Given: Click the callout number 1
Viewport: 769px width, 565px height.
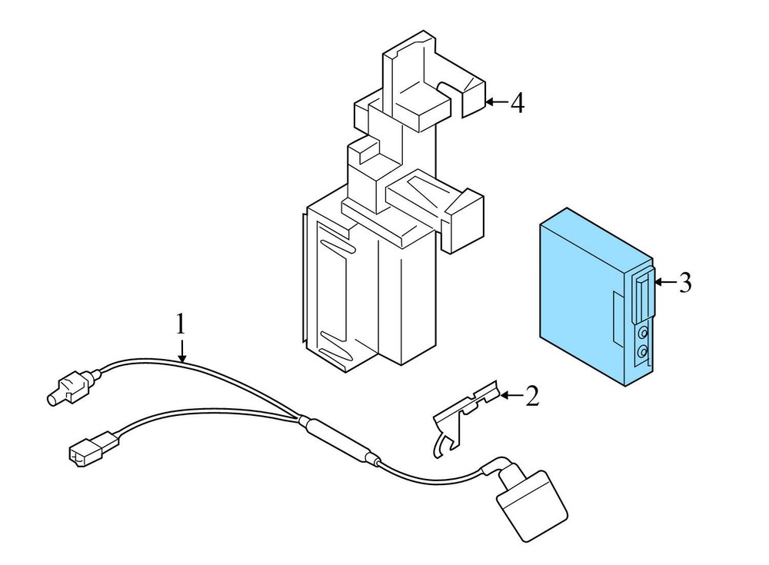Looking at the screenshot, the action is pos(181,324).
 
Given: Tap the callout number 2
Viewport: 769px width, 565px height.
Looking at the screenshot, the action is pos(532,397).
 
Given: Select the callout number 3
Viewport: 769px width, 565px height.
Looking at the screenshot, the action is pos(685,283).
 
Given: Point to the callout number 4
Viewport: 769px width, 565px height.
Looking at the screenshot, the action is pos(518,103).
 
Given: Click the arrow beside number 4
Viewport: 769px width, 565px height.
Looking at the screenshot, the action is pos(497,102).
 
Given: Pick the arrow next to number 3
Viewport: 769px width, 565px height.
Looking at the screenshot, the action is pos(665,282).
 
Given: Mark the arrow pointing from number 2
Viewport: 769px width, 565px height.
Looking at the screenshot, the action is pos(511,395).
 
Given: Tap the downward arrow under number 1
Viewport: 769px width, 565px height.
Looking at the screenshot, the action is pos(182,351).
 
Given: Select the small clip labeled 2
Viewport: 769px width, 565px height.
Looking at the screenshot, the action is pos(466,417).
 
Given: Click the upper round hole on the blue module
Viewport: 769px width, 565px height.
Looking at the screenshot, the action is pos(642,334).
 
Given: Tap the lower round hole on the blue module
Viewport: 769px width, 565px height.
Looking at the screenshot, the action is pos(641,351).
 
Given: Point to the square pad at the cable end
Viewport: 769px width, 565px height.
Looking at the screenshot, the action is pos(532,506).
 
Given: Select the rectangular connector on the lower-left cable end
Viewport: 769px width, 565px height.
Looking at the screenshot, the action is pos(93,446).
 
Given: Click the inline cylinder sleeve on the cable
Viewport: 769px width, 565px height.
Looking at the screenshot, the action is pos(340,439).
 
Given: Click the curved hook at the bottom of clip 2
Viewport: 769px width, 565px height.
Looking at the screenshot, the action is pos(441,444).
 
